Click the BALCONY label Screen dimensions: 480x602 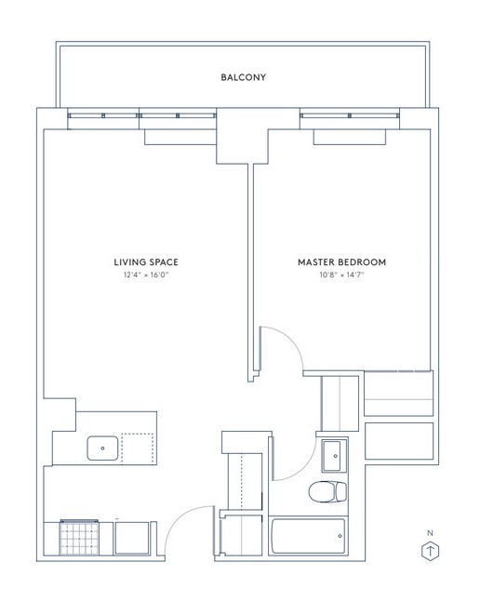[244, 77]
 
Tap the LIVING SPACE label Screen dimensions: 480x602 [146, 262]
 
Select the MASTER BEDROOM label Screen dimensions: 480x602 [342, 262]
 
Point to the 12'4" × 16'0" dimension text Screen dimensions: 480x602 [146, 274]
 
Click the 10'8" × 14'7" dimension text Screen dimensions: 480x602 [341, 274]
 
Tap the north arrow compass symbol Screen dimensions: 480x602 [431, 552]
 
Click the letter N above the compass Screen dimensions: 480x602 [430, 533]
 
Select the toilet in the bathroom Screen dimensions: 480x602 [327, 492]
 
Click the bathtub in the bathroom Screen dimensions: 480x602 [308, 536]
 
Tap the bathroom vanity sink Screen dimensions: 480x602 [335, 456]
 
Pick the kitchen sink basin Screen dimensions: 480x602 [102, 448]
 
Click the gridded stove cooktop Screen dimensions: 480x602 [79, 538]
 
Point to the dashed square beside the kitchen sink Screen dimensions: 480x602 [138, 448]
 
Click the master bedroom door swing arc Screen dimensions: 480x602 [289, 339]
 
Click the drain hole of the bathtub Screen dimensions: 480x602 [340, 536]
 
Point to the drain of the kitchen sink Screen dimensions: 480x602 [102, 448]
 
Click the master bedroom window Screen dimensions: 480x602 [350, 115]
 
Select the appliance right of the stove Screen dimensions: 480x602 [132, 538]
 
